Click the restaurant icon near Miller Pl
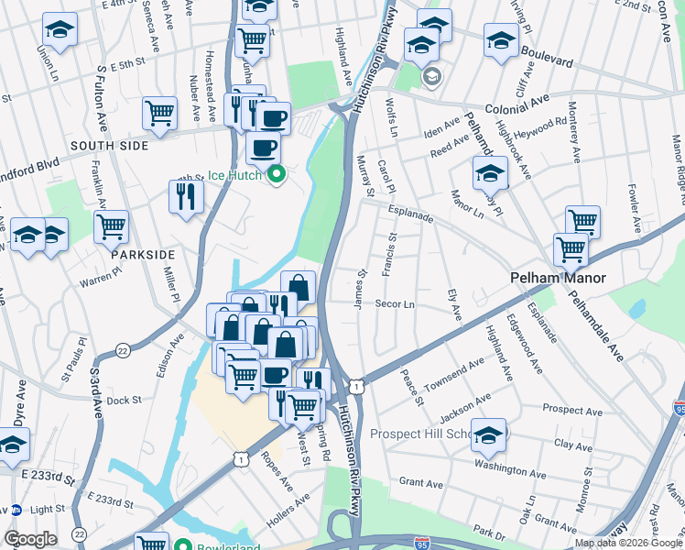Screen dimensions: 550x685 tap(186, 196)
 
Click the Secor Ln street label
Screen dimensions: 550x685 tap(396, 303)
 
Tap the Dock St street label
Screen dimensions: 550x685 tap(124, 400)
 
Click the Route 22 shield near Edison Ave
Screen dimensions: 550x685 tap(124, 349)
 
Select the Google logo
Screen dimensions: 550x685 tap(30, 539)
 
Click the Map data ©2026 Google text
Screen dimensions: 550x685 tap(628, 543)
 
